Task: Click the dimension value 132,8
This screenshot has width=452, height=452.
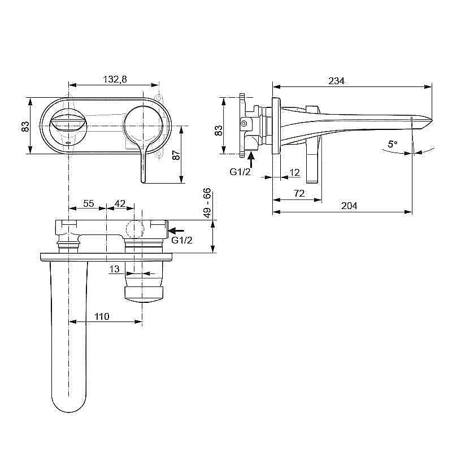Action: tap(115, 80)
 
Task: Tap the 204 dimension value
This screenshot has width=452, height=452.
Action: tap(349, 206)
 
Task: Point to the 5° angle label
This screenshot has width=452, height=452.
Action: tap(393, 145)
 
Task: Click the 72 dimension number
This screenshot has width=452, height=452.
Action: tap(299, 193)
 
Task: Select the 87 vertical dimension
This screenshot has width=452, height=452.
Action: tap(176, 155)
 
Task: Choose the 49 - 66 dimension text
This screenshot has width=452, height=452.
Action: tap(208, 203)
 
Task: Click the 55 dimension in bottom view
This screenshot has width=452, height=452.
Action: tap(88, 203)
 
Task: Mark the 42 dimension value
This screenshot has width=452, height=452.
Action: tap(120, 203)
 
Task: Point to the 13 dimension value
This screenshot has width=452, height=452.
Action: tap(115, 270)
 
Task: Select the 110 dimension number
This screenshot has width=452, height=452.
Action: tap(102, 316)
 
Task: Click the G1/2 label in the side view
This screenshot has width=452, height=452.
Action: tap(240, 172)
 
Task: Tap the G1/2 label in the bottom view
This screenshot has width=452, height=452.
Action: tap(182, 240)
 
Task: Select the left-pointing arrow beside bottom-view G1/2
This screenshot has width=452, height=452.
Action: tap(177, 231)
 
